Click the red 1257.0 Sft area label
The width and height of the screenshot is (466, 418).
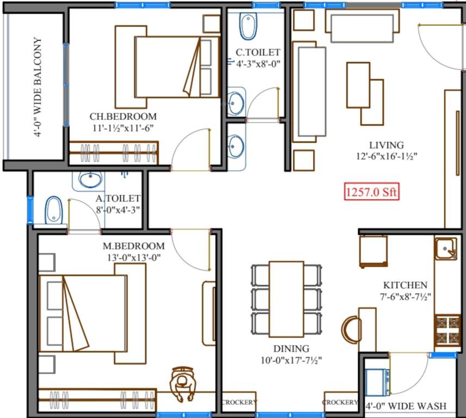372,192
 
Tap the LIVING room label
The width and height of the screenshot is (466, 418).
386,145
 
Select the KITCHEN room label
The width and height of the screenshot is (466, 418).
404,285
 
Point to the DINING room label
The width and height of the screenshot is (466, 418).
292,348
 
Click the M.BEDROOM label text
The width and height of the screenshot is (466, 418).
134,246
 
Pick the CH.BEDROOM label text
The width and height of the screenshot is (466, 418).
122,116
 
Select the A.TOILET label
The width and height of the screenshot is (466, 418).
118,199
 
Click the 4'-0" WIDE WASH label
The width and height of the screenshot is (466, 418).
406,406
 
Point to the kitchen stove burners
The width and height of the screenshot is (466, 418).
446,330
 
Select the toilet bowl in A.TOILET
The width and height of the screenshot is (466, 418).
53,209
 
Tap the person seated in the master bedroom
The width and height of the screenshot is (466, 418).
181,384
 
